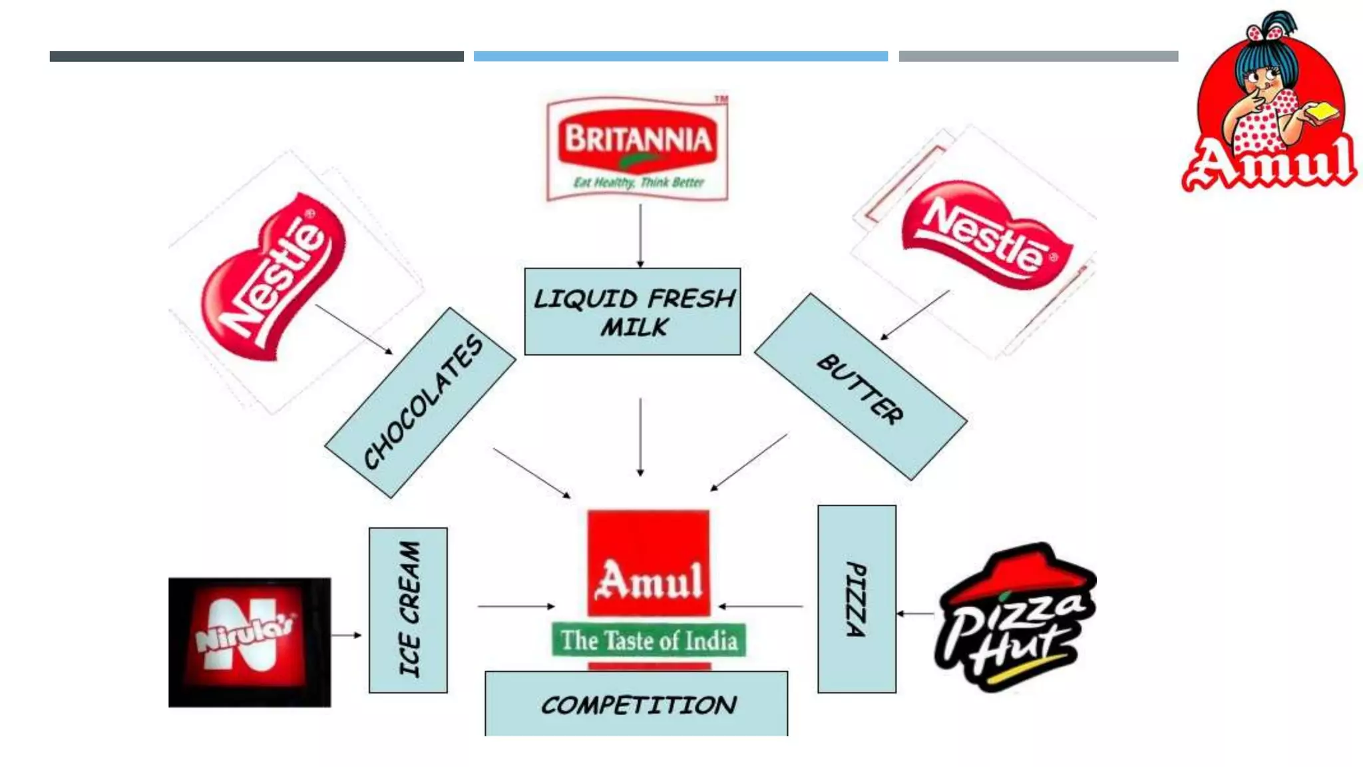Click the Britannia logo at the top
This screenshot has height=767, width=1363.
(x=637, y=148)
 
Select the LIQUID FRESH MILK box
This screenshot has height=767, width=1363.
(x=632, y=312)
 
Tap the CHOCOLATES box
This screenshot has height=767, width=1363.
(x=421, y=402)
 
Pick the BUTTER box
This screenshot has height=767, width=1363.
(x=861, y=387)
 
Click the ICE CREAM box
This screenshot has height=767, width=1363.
(x=408, y=610)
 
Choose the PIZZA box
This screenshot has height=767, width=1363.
(x=857, y=599)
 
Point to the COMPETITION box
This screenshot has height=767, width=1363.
(x=636, y=704)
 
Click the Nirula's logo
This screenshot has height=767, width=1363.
(x=249, y=642)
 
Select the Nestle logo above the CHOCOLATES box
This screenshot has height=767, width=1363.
(x=274, y=278)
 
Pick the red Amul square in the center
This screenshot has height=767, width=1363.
(x=648, y=563)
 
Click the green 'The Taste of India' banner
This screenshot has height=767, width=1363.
(x=648, y=640)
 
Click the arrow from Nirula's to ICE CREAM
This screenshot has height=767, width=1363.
(x=346, y=635)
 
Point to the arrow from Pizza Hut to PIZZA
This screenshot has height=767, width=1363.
(x=915, y=613)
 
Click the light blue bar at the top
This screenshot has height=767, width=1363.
(x=680, y=57)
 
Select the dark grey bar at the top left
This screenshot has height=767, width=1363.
(x=256, y=57)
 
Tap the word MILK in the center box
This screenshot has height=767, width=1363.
(x=634, y=328)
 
